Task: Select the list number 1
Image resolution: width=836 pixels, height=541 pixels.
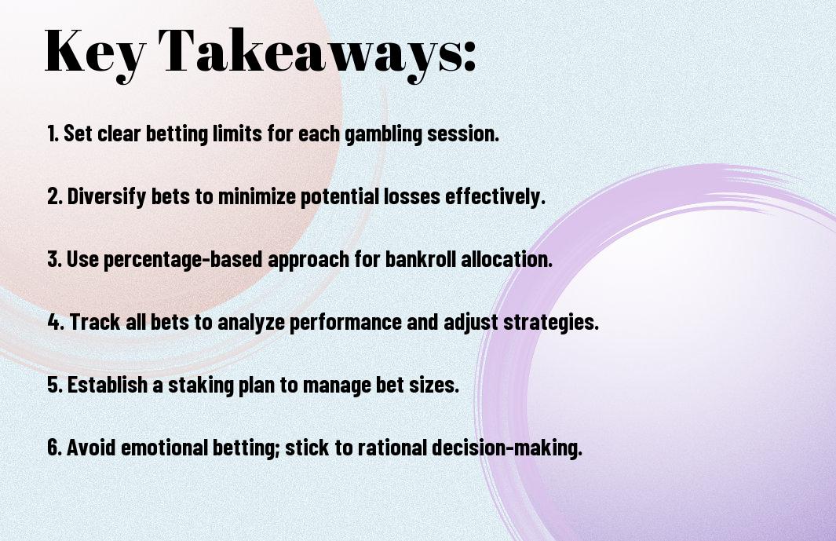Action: coord(53,133)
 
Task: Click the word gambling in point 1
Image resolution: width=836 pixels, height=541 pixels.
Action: coord(384,134)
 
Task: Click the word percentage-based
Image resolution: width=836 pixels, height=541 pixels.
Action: coord(183,260)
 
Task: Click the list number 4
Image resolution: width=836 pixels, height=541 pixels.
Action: coord(56,322)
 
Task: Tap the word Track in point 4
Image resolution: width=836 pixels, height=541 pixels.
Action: coord(95,322)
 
